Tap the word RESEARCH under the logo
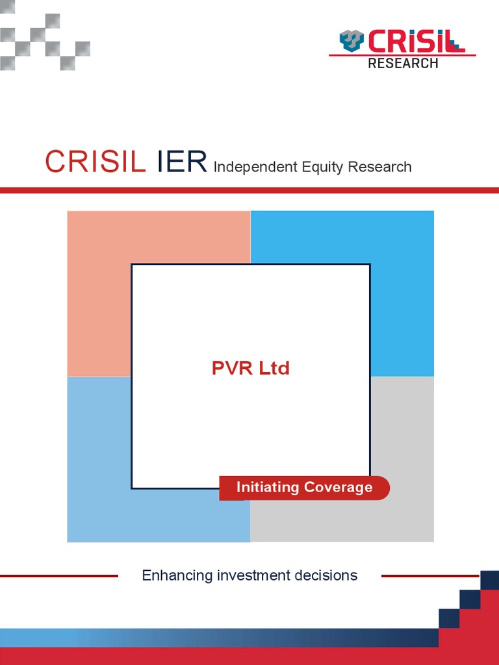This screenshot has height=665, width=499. (x=403, y=63)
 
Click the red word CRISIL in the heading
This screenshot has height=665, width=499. (x=95, y=162)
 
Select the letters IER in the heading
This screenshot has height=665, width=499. (x=181, y=162)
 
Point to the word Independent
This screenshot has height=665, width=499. (x=255, y=167)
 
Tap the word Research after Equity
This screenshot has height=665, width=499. (x=379, y=167)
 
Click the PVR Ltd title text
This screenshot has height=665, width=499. (x=251, y=368)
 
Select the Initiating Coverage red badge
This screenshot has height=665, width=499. (x=304, y=488)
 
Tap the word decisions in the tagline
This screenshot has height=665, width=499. (x=329, y=575)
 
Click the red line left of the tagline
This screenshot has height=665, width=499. (x=58, y=575)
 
